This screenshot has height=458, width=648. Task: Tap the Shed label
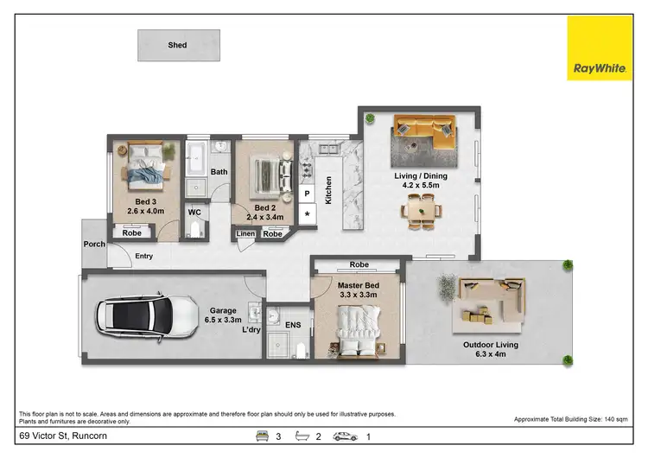click(x=178, y=45)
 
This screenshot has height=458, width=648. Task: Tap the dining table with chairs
click(x=423, y=208)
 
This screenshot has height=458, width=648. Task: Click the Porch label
click(x=94, y=245)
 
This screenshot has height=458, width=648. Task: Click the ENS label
click(x=293, y=324)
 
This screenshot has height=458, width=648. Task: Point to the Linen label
click(x=245, y=234)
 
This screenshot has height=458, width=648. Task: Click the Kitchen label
click(x=329, y=189)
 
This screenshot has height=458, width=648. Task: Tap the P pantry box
click(x=308, y=193)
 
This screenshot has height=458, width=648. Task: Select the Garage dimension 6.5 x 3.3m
click(x=224, y=319)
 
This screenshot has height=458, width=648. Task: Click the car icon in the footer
click(x=346, y=436)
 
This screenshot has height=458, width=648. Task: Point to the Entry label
click(x=143, y=256)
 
